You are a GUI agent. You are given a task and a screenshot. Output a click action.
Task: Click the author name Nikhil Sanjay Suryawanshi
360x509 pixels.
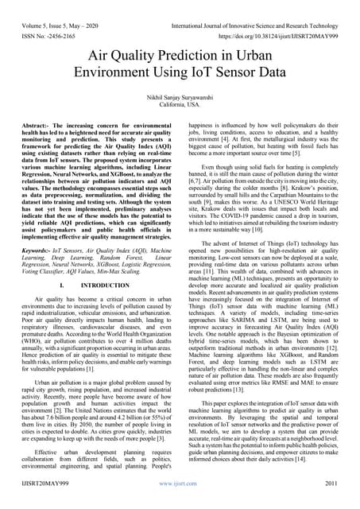point(180,95)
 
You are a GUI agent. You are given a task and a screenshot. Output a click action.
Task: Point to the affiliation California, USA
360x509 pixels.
point(180,103)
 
